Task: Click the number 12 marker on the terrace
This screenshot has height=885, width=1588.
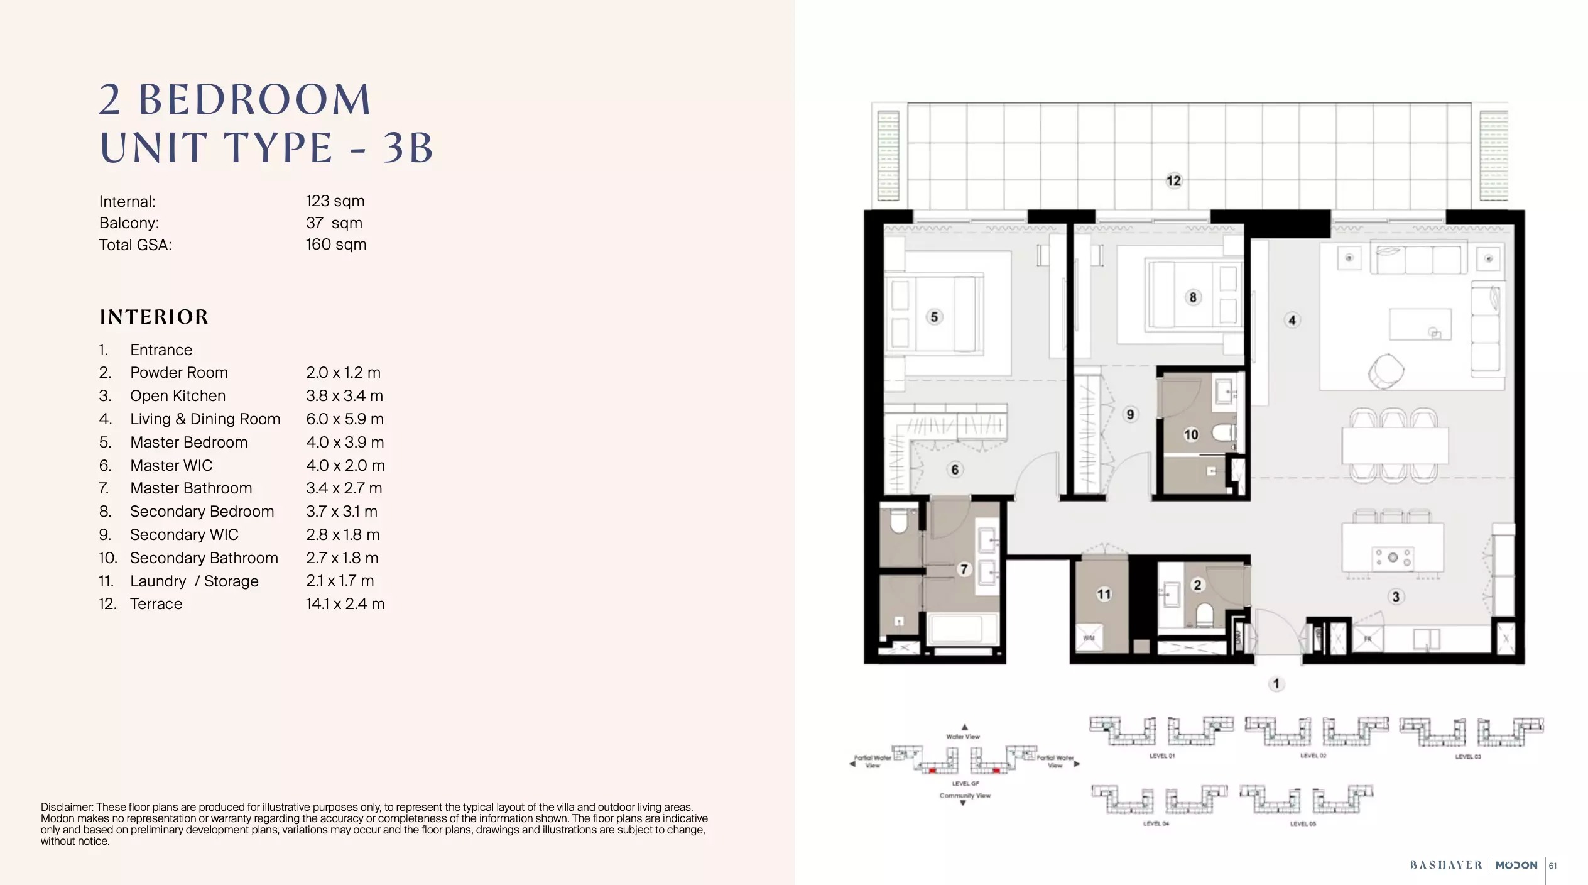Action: [1173, 181]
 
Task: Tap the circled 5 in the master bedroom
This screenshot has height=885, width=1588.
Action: [934, 317]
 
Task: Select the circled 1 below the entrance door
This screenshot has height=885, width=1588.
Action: [1276, 683]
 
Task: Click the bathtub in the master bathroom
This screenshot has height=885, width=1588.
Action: [963, 630]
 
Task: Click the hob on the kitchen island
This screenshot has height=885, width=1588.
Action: [1393, 558]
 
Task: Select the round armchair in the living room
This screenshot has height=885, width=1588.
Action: [1386, 371]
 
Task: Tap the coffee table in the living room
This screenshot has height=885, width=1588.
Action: [1420, 324]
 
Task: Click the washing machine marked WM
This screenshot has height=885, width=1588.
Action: [1089, 638]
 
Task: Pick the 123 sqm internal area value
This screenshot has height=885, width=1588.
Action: [335, 201]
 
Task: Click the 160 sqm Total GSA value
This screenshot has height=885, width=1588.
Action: [335, 245]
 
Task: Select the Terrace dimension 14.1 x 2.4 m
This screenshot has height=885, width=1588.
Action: [345, 604]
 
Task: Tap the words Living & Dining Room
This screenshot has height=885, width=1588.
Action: [205, 419]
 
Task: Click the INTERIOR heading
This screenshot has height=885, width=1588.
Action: [154, 317]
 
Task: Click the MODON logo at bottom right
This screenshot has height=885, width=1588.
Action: [1516, 865]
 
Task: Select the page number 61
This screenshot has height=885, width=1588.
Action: [1553, 866]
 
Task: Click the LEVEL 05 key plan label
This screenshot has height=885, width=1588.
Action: [1303, 823]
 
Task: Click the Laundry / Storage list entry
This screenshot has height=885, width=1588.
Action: [194, 581]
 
